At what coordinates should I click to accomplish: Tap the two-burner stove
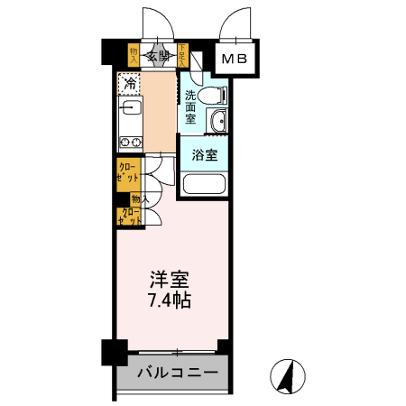point(127,142)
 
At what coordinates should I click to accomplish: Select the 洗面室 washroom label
point(190,106)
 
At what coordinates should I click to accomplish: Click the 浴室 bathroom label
point(205,154)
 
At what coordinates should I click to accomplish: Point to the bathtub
point(204,186)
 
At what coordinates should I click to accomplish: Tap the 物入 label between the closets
point(139,198)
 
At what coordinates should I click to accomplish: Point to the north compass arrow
point(289,374)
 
